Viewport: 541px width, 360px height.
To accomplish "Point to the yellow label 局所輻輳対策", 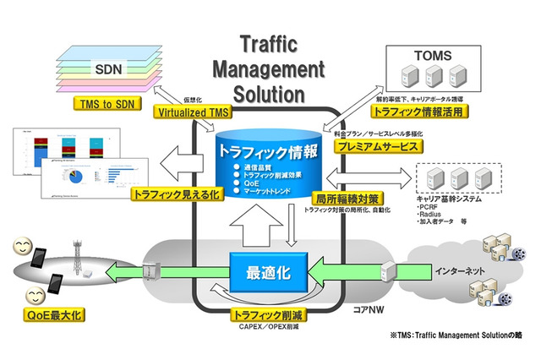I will pos(347,199).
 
